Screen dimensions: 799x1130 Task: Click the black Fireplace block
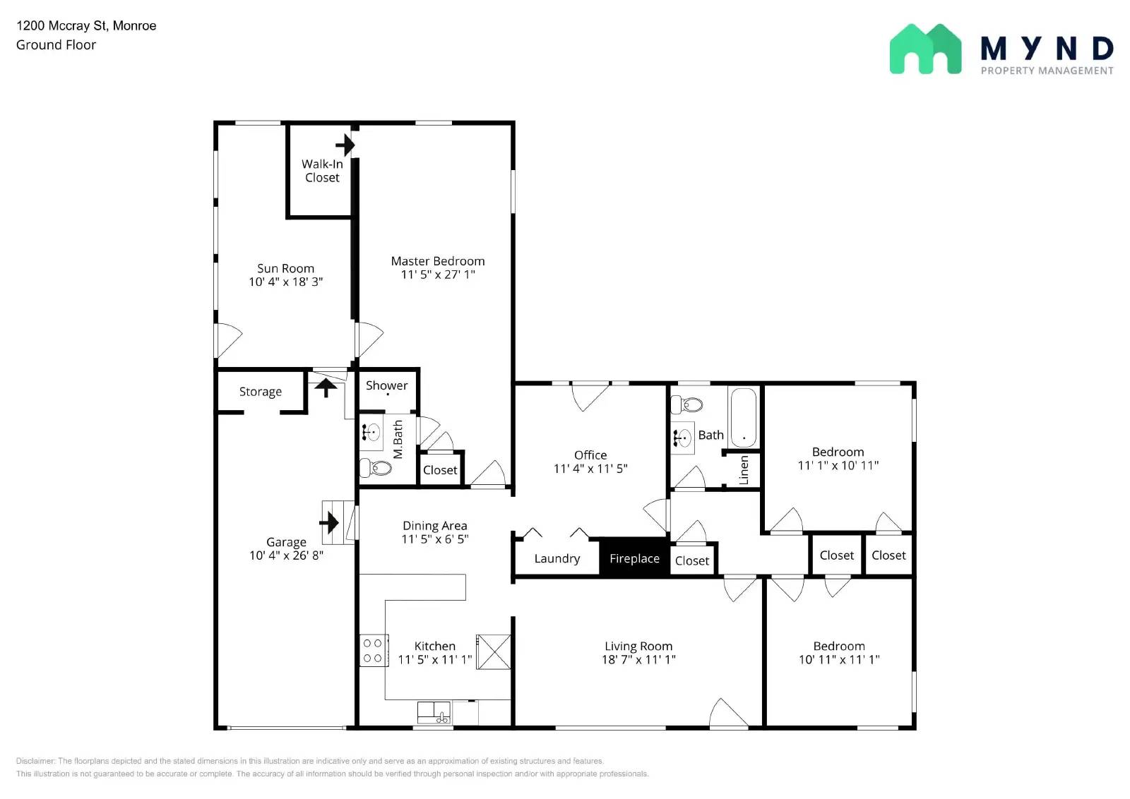[x=634, y=558]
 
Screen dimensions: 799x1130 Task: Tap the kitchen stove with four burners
[x=373, y=651]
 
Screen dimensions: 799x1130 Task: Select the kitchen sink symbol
[x=434, y=712]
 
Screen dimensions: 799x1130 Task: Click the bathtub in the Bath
[x=743, y=417]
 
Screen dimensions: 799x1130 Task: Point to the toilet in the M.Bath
[x=376, y=467]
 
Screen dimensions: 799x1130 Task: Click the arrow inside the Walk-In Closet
[x=345, y=145]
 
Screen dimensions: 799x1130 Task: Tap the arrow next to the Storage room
[x=325, y=388]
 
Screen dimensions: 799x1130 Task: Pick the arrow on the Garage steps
[x=329, y=523]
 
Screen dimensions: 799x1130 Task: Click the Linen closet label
[x=744, y=470]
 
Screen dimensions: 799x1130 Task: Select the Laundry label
[x=557, y=558]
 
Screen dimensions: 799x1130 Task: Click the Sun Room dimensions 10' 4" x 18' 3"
[x=285, y=282]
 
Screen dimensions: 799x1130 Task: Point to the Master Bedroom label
[x=437, y=261]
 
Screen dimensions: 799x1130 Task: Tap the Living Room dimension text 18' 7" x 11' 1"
[x=638, y=659]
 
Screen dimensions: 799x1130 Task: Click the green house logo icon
[x=924, y=49]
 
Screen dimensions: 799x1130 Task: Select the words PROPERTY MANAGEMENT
[x=1047, y=71]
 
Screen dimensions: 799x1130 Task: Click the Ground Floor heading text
[x=56, y=44]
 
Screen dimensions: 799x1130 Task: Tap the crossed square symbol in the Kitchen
[x=494, y=651]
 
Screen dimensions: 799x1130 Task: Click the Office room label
[x=590, y=455]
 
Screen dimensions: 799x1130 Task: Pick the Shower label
[x=386, y=385]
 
